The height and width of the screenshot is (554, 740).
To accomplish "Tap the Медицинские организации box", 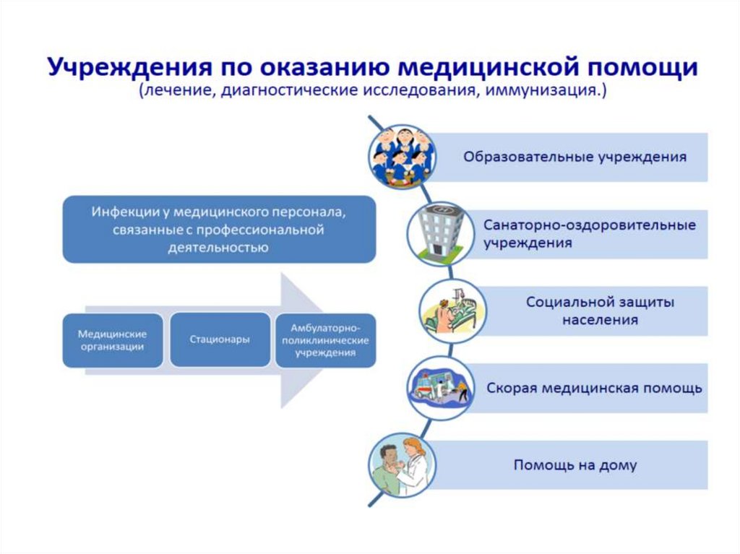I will (112, 340).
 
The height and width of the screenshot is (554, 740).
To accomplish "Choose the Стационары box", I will (220, 339).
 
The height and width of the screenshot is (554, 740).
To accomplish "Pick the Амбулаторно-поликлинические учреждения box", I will (325, 340).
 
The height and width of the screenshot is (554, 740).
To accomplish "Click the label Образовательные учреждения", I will (575, 157).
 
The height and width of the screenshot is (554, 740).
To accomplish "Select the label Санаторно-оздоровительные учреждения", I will (589, 234).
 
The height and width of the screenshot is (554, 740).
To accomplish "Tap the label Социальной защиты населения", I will (600, 311).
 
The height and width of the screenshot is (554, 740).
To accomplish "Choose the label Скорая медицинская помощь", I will (594, 388).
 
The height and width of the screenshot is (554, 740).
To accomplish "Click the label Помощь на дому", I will (575, 465).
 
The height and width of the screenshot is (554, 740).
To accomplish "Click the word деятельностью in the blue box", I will (220, 248).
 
